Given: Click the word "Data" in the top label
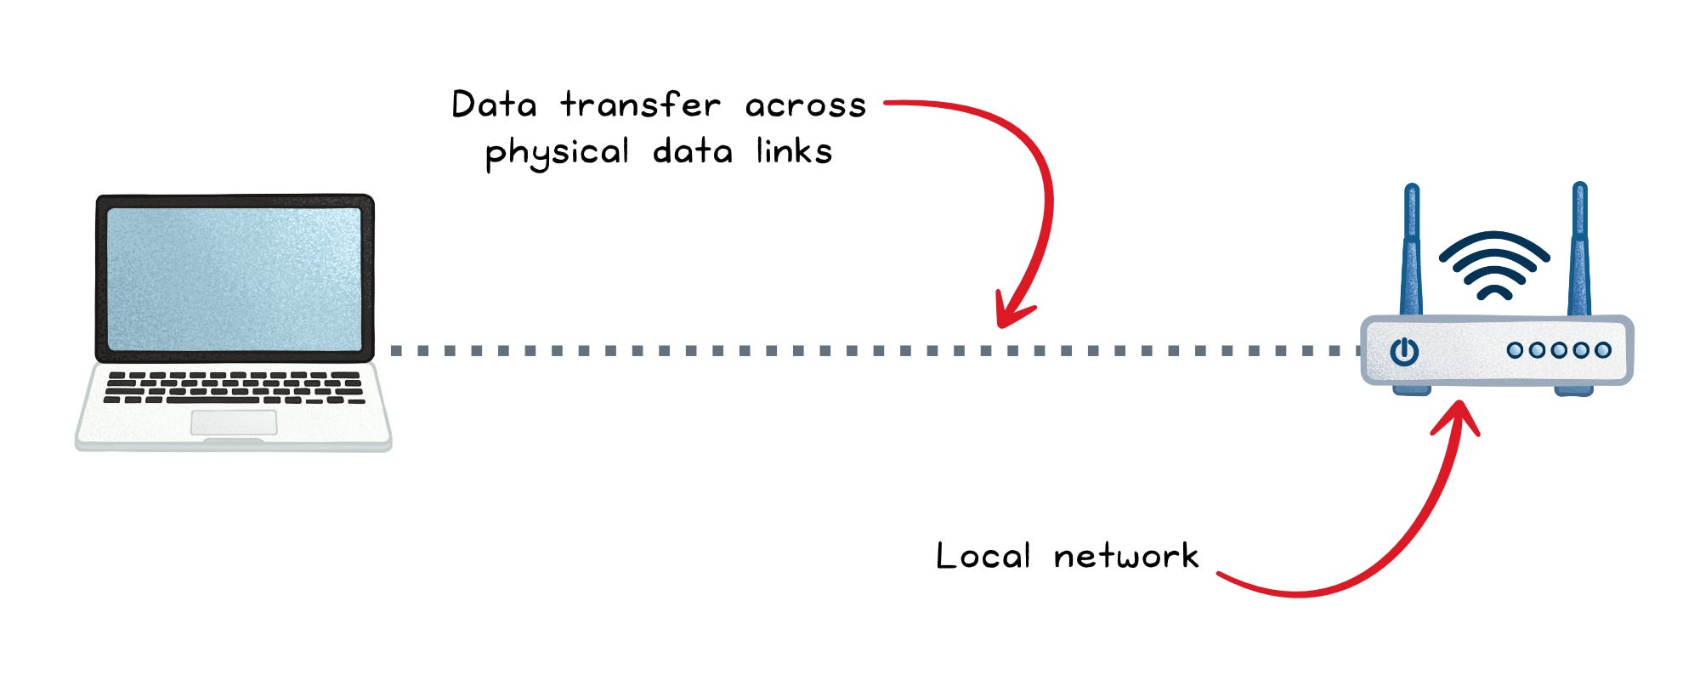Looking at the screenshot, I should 494,105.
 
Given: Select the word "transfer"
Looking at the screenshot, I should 640,105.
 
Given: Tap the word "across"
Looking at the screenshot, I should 805,105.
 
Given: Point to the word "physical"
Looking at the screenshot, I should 557,153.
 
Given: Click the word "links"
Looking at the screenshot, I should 794,151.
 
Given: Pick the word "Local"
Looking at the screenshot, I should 983,556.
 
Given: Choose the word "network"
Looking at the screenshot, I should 1125,556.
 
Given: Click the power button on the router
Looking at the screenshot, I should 1404,351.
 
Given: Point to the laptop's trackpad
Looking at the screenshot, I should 234,422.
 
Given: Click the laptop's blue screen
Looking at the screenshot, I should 235,279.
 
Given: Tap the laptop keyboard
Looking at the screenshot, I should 234,388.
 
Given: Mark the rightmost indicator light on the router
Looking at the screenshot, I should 1603,350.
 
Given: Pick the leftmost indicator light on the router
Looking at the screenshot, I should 1515,350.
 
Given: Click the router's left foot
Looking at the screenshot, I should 1412,390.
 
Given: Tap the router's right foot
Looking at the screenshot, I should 1574,390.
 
